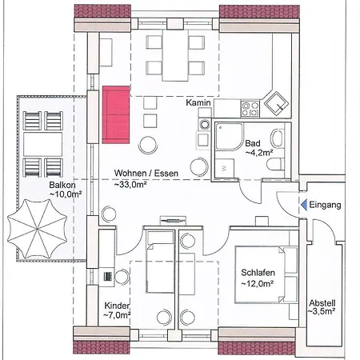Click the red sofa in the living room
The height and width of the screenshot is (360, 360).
(116, 114)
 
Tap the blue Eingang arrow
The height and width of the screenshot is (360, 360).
(304, 205)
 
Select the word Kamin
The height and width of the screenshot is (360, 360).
(198, 102)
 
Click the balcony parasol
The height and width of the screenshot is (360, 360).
(37, 229)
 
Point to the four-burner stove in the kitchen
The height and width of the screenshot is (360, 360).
(250, 109)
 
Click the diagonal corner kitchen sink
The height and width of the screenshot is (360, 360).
(276, 104)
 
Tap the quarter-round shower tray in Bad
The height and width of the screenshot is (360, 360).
(229, 137)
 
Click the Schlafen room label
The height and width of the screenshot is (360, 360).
(258, 272)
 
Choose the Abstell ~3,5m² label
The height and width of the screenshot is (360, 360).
(322, 307)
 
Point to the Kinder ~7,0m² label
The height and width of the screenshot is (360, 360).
(117, 310)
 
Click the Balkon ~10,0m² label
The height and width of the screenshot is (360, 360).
(66, 190)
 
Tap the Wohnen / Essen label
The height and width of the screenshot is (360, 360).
(146, 173)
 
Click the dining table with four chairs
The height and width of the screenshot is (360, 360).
(175, 55)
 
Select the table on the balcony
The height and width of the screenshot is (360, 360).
(42, 144)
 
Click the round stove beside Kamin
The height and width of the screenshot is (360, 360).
(205, 124)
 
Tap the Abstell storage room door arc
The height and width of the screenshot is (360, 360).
(323, 230)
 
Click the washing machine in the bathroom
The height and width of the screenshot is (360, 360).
(225, 168)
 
